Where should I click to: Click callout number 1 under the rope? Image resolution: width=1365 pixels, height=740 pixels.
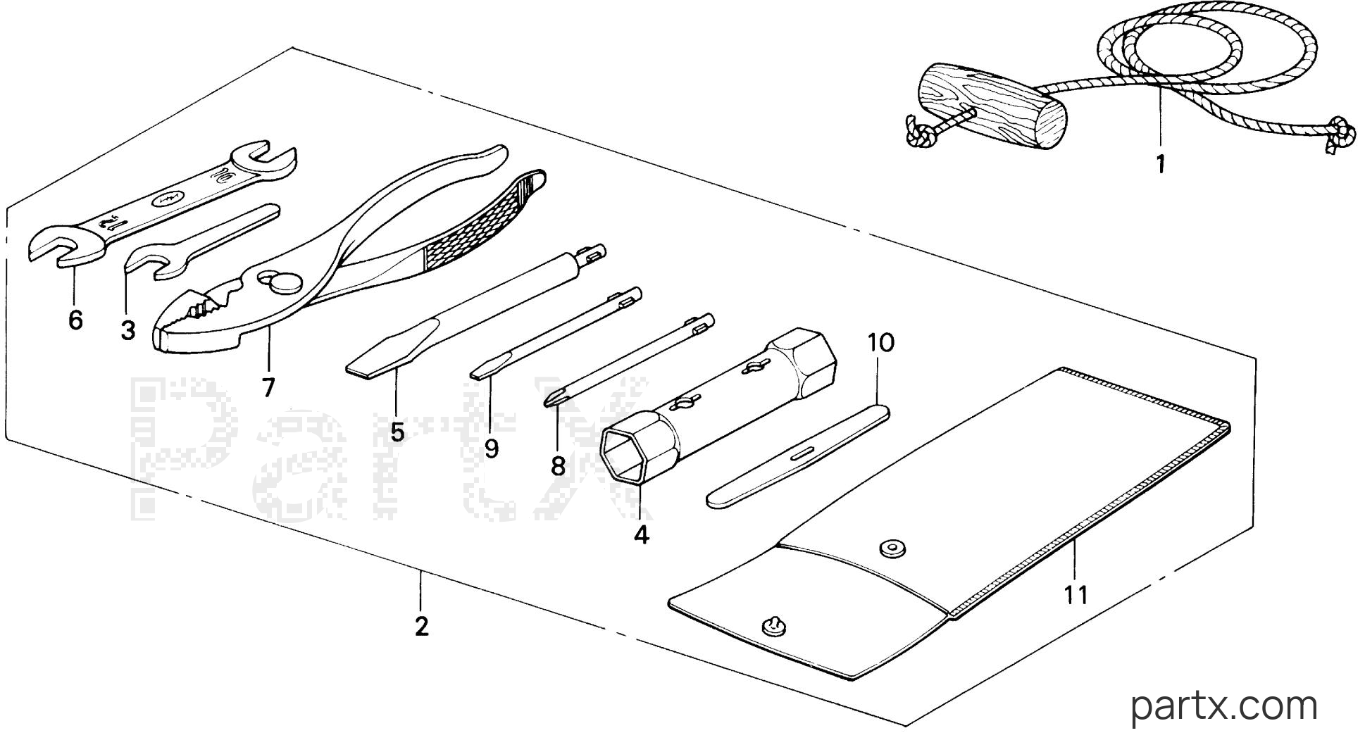[1160, 165]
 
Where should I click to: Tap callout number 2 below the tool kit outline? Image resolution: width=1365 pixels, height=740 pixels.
[421, 626]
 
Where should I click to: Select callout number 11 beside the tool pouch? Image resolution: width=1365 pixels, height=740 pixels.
[1076, 595]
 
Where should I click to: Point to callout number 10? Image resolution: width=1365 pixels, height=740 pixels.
[880, 343]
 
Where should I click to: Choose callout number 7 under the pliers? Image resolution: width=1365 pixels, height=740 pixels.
[268, 387]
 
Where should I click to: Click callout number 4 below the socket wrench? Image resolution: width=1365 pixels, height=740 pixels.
[640, 535]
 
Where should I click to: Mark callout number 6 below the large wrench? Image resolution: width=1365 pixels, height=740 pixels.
[75, 320]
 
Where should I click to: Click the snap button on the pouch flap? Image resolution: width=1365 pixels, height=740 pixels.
[892, 547]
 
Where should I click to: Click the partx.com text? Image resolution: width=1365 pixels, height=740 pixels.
[1223, 705]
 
